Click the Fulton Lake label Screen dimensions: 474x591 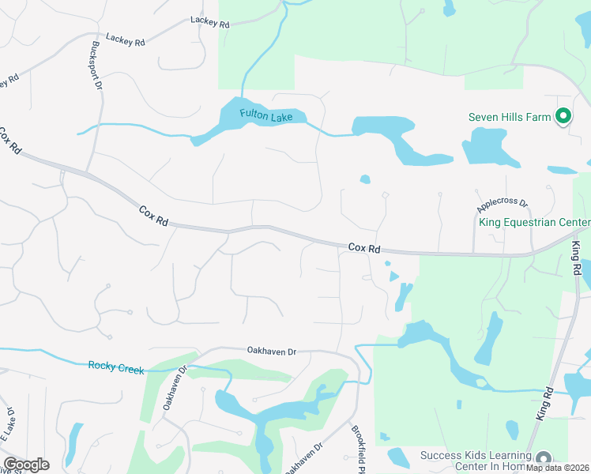[x=266, y=116]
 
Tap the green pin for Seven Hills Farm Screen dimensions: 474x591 [x=563, y=117]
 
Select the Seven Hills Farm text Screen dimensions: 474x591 [x=510, y=118]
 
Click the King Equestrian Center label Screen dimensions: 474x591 [x=534, y=222]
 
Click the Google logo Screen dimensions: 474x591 [x=26, y=465]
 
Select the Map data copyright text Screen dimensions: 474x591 [x=558, y=467]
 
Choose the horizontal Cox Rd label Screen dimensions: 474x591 [x=364, y=248]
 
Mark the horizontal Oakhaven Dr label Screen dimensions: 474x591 [x=271, y=351]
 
